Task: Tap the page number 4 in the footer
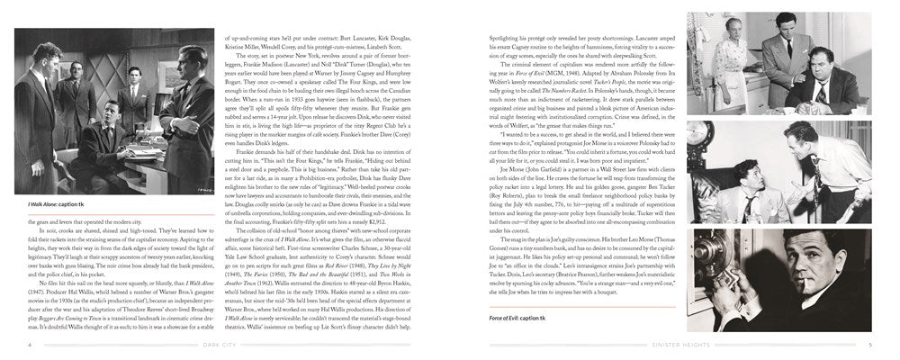tap(29, 344)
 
